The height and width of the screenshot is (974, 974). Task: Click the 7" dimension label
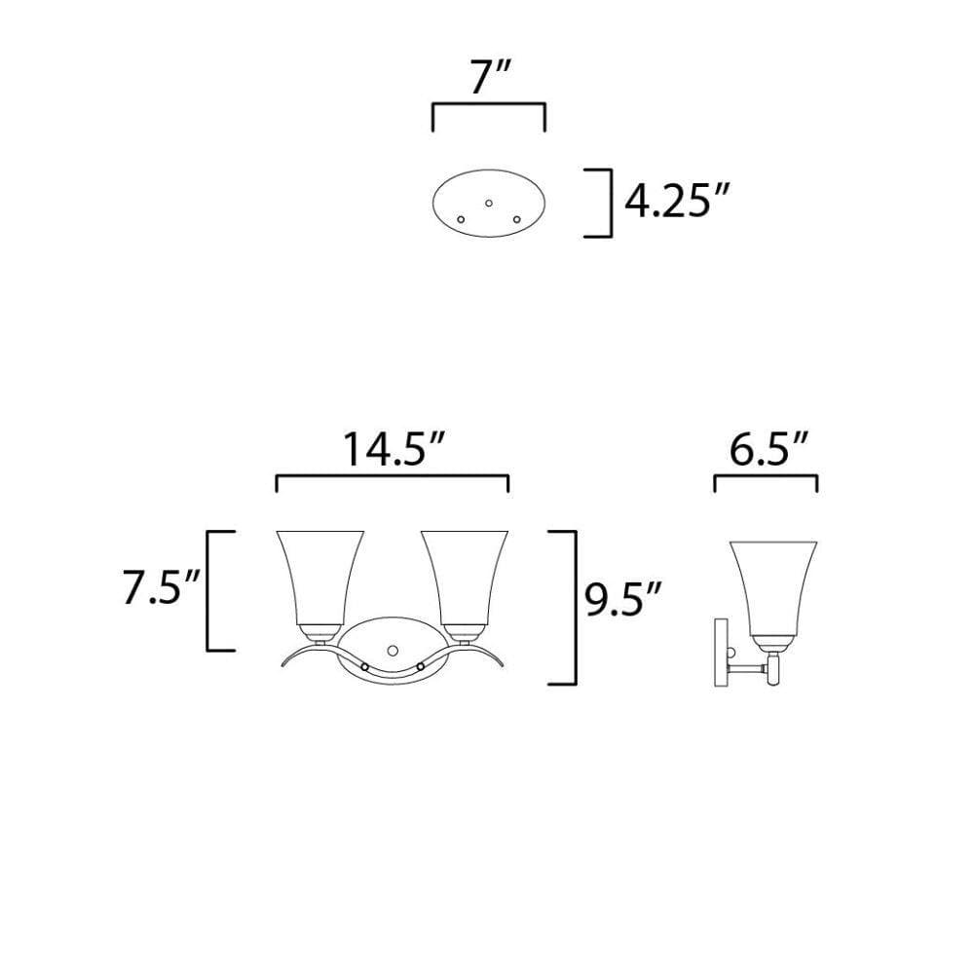[x=490, y=78]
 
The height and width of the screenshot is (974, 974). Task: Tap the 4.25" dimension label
[x=675, y=202]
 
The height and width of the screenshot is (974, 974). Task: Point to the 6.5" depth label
[x=769, y=450]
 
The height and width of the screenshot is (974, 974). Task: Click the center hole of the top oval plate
[x=489, y=204]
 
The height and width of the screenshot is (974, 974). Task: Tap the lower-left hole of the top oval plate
[x=461, y=219]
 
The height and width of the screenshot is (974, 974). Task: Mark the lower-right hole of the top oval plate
[x=516, y=219]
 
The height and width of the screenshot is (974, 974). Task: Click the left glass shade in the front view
[x=319, y=578]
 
